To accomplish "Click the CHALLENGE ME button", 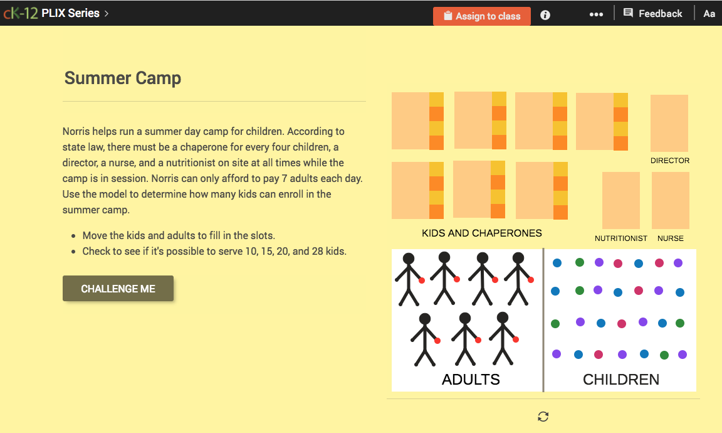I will pyautogui.click(x=118, y=289).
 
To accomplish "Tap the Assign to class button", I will pyautogui.click(x=482, y=16).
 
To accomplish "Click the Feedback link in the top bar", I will pyautogui.click(x=653, y=13).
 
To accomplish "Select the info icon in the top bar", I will pyautogui.click(x=545, y=15).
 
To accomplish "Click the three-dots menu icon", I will pyautogui.click(x=596, y=14).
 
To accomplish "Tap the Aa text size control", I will pyautogui.click(x=709, y=14).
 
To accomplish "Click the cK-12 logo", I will pyautogui.click(x=19, y=13).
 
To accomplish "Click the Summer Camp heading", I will pyautogui.click(x=123, y=78).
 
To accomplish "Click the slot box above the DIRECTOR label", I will pyautogui.click(x=669, y=123).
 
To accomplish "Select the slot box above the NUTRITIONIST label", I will pyautogui.click(x=620, y=200).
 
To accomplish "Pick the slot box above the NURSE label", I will pyautogui.click(x=670, y=200).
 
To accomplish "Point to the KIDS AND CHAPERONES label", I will pyautogui.click(x=481, y=233).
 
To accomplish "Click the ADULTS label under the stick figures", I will pyautogui.click(x=471, y=379).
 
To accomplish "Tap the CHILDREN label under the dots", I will pyautogui.click(x=620, y=379).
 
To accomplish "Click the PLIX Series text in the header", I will pyautogui.click(x=70, y=13).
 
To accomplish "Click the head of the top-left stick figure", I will pyautogui.click(x=408, y=259).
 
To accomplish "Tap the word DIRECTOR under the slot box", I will pyautogui.click(x=669, y=161).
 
